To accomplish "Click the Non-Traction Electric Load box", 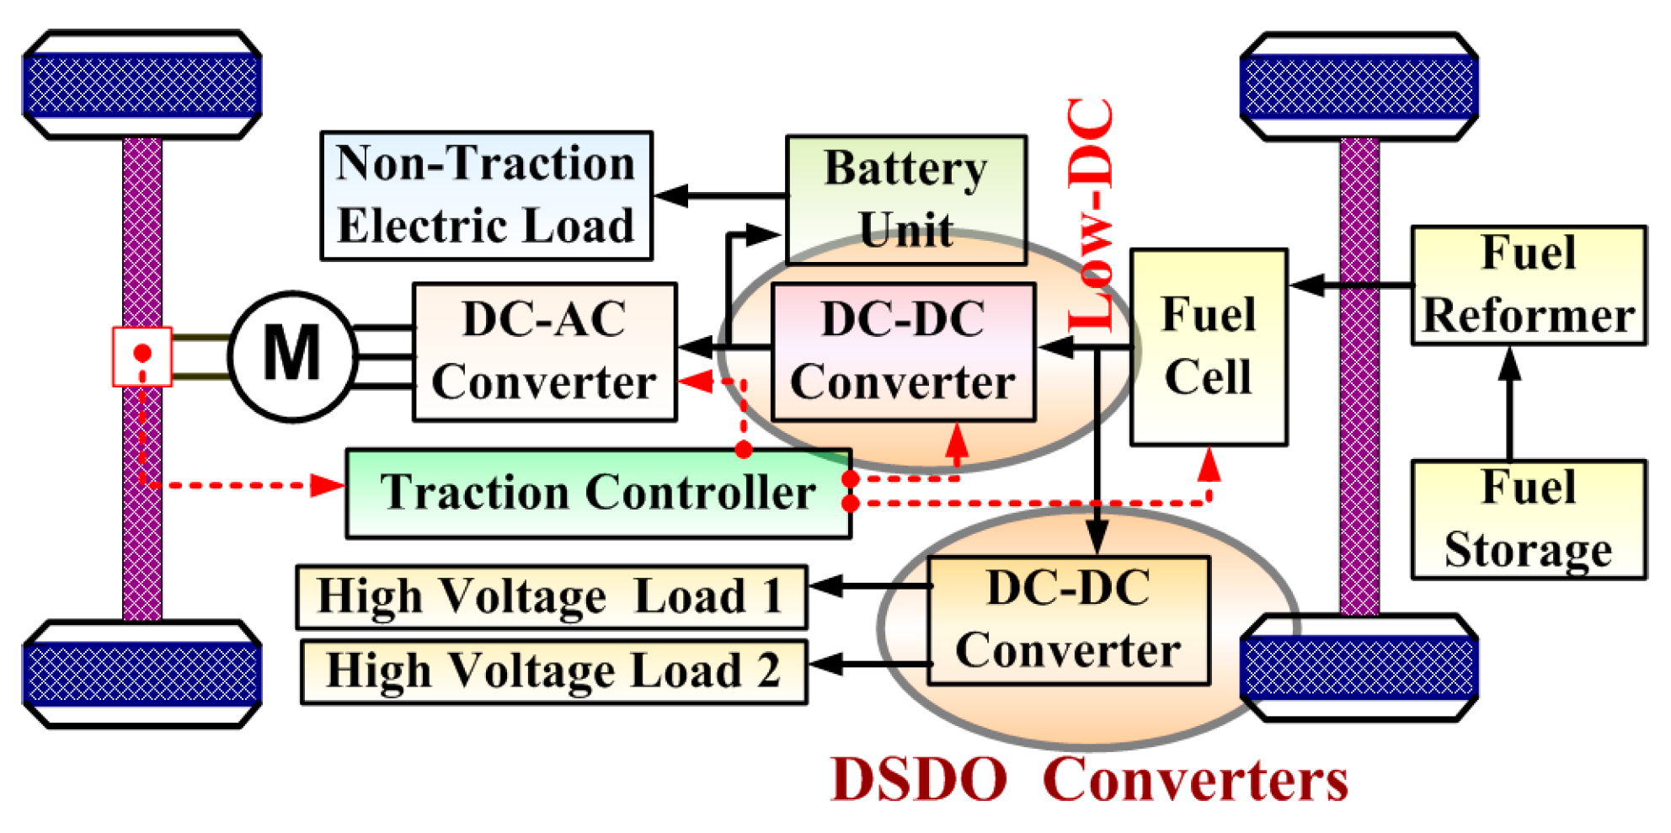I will pos(486,195).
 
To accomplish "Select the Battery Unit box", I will pos(905,199).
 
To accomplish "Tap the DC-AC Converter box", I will pos(544,351).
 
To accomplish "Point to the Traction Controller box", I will pos(598,493).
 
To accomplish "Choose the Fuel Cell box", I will pos(1208,346).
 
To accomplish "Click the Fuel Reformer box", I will pos(1528,285).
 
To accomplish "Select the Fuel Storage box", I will pos(1528,519).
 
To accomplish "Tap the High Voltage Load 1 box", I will pos(551,597).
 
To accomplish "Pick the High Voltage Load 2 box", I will pos(553,671).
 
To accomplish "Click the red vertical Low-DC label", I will pos(1091,215).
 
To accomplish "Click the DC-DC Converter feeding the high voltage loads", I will pos(1068,620).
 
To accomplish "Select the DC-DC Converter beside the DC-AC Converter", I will pos(903,351).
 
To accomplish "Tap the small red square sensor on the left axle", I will pos(142,356).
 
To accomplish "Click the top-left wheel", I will pos(141,84).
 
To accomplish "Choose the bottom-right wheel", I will pos(1359,668).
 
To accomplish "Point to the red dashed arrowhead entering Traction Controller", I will pos(328,485).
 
